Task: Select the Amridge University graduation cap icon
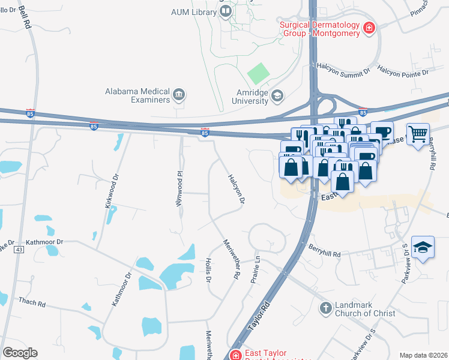[x=277, y=95]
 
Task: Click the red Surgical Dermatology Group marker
[x=369, y=26]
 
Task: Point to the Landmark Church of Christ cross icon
[x=325, y=308]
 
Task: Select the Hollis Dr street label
[x=208, y=271]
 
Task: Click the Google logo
[x=20, y=353]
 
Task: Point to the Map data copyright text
[x=423, y=355]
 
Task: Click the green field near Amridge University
[x=259, y=73]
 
